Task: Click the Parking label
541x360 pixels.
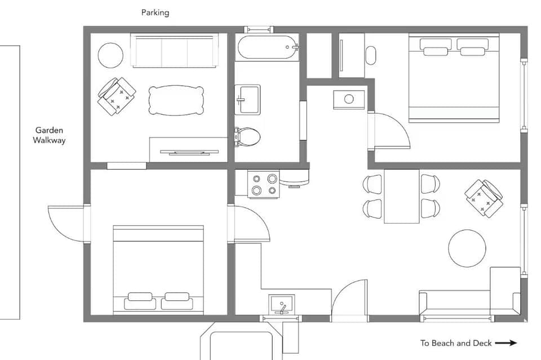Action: [x=155, y=12]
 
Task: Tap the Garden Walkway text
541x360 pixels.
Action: [x=49, y=135]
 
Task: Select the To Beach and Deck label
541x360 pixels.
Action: [x=456, y=343]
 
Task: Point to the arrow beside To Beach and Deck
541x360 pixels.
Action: [x=506, y=343]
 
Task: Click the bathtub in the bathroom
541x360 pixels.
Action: [x=268, y=47]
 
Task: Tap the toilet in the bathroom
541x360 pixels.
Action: [x=248, y=136]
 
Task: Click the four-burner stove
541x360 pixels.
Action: [x=264, y=185]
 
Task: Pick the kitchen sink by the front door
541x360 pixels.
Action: [x=281, y=305]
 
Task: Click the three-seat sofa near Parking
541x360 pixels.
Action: [x=175, y=50]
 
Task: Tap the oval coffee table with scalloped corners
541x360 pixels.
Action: [x=176, y=100]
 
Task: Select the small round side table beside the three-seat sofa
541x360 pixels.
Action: [x=110, y=55]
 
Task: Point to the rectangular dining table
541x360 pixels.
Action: [x=401, y=196]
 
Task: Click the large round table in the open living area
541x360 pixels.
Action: [x=467, y=248]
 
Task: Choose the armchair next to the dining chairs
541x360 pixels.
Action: [x=484, y=198]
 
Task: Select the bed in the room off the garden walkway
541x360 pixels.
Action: [x=158, y=269]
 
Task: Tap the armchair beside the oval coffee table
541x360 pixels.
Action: [x=117, y=96]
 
